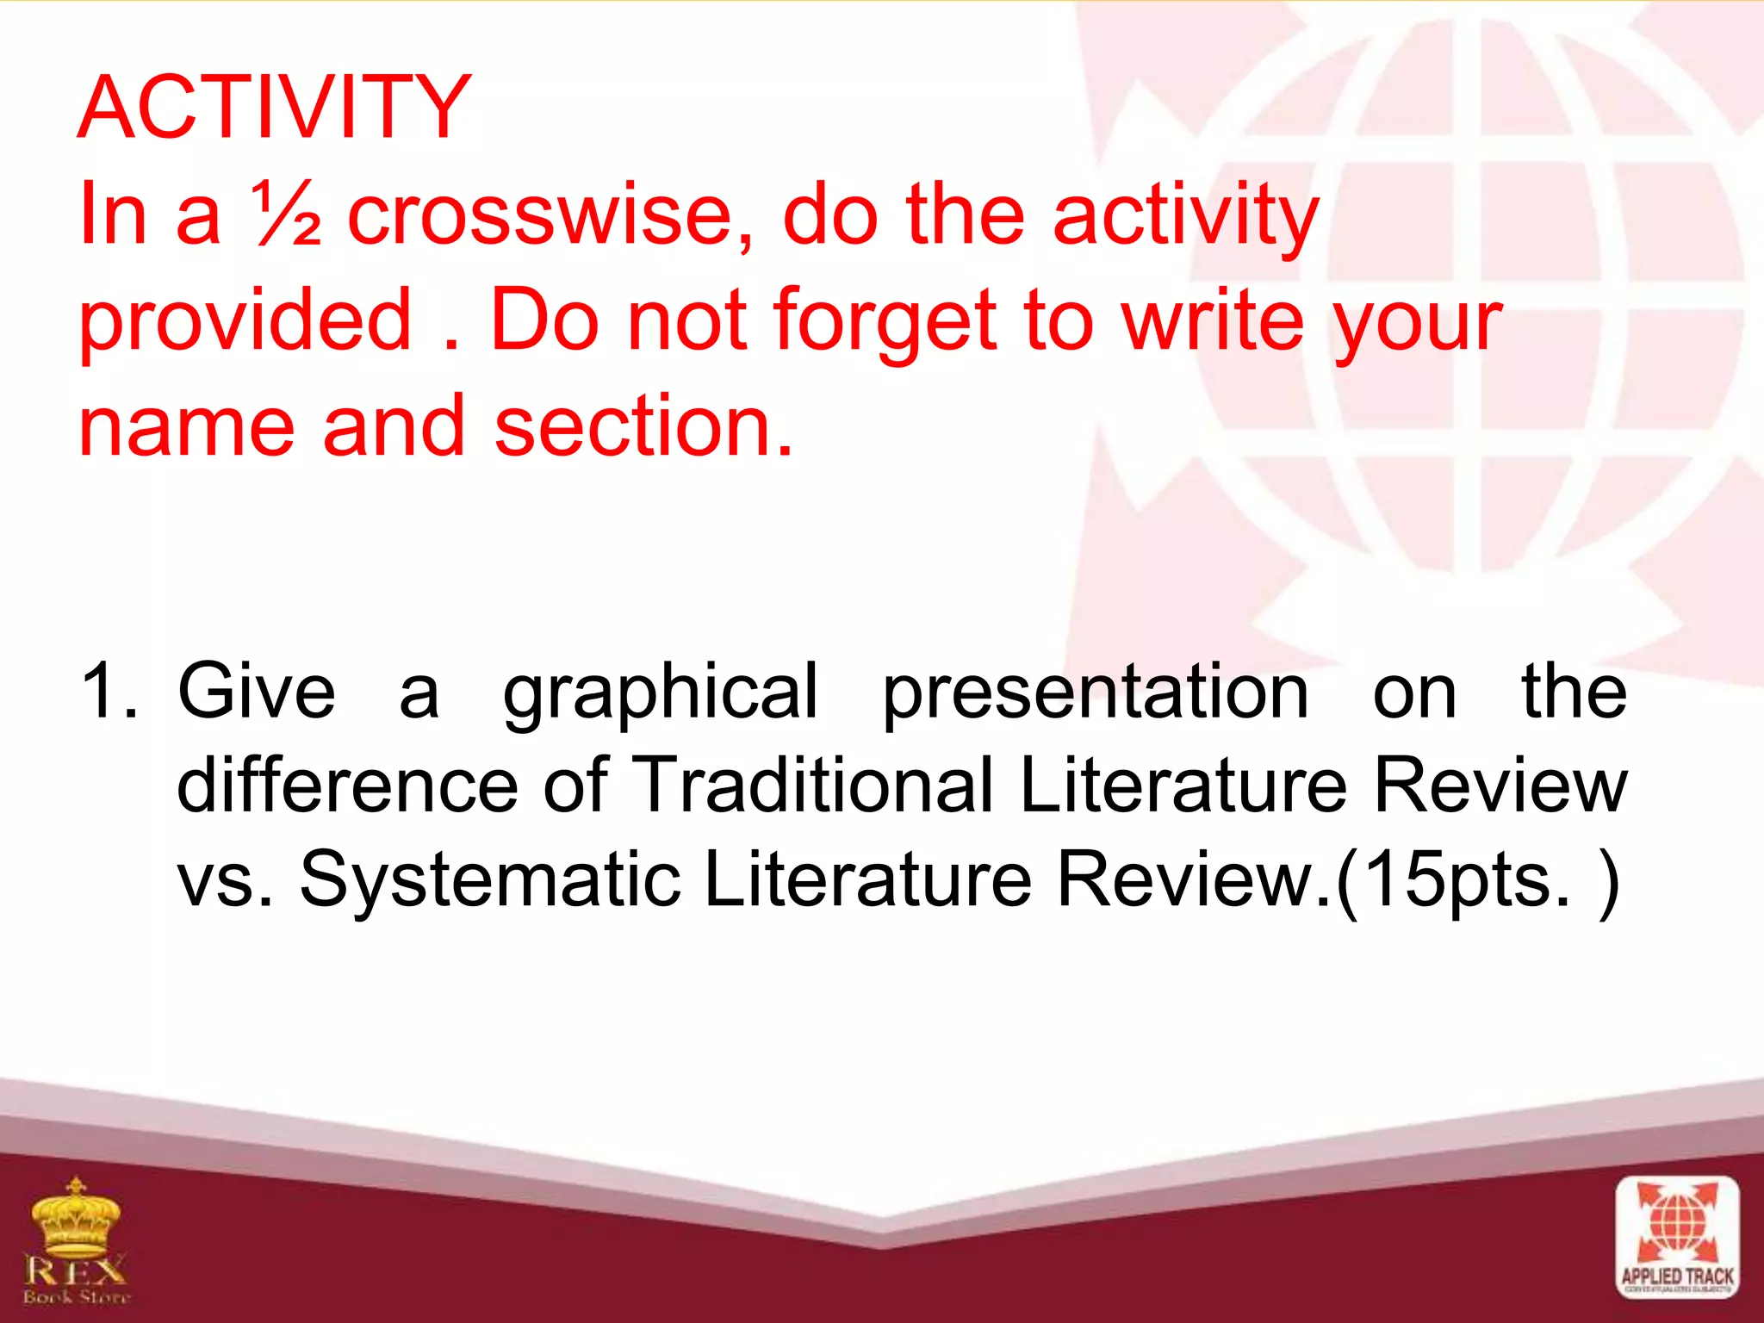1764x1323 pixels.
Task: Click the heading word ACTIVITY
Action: pyautogui.click(x=274, y=108)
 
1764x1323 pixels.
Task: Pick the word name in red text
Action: pyautogui.click(x=186, y=427)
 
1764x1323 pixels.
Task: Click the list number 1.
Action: pyautogui.click(x=107, y=692)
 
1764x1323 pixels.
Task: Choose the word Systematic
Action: pyautogui.click(x=489, y=879)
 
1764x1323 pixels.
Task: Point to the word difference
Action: pyautogui.click(x=347, y=785)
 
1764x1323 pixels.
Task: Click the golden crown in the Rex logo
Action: pyautogui.click(x=76, y=1217)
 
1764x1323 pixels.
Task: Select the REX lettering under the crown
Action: pyautogui.click(x=76, y=1270)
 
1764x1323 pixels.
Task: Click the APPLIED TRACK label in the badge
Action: pyautogui.click(x=1677, y=1276)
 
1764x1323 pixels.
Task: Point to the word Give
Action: pyautogui.click(x=256, y=692)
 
